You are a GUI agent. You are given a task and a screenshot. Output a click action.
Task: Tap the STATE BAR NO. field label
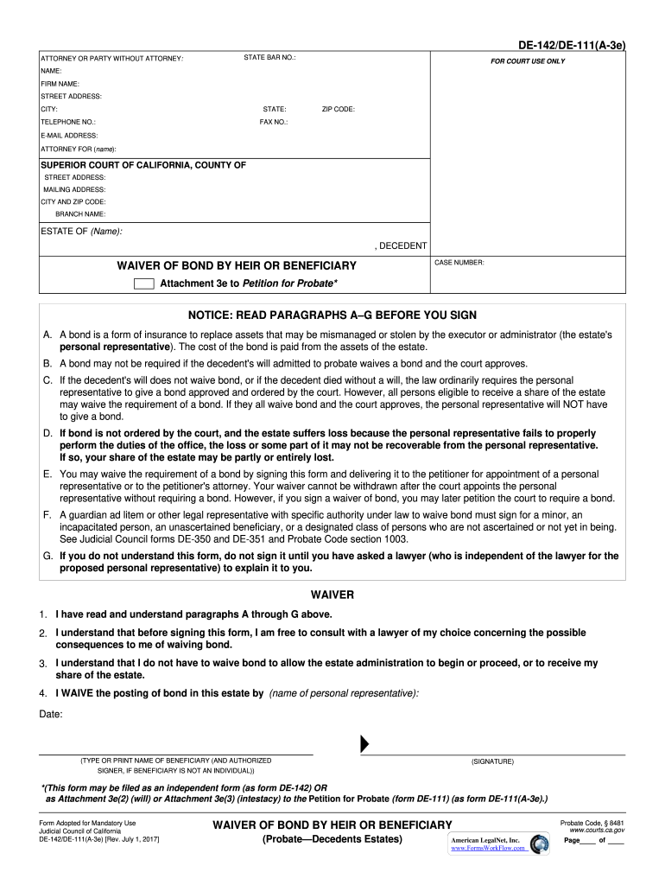[x=269, y=58]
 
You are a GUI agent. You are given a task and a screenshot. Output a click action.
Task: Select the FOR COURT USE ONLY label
[x=528, y=61]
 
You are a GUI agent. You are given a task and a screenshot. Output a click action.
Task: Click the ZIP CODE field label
[x=338, y=110]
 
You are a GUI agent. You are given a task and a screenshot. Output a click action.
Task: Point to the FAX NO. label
[x=274, y=123]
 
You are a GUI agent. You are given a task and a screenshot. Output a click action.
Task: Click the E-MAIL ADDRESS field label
[x=69, y=136]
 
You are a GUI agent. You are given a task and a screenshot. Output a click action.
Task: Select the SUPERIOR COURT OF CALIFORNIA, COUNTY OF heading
[x=143, y=165]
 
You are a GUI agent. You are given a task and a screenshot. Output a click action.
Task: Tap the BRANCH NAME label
[x=80, y=213]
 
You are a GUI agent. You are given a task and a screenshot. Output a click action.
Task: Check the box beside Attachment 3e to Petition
[x=144, y=283]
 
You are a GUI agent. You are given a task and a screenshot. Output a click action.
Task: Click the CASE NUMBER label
[x=459, y=262]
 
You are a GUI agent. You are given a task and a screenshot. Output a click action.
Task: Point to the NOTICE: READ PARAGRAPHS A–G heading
[x=332, y=315]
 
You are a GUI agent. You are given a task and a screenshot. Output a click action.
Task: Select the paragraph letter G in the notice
[x=47, y=557]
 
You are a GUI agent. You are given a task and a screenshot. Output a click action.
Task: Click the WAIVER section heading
[x=332, y=595]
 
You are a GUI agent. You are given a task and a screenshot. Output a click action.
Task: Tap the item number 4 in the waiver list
[x=42, y=693]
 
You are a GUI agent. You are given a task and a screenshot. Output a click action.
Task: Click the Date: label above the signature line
[x=51, y=714]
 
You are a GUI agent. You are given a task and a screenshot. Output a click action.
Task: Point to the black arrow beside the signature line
[x=365, y=744]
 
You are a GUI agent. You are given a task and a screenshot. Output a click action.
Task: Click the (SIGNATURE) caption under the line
[x=492, y=761]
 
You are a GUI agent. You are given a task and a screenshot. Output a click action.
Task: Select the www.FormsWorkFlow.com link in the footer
[x=488, y=849]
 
